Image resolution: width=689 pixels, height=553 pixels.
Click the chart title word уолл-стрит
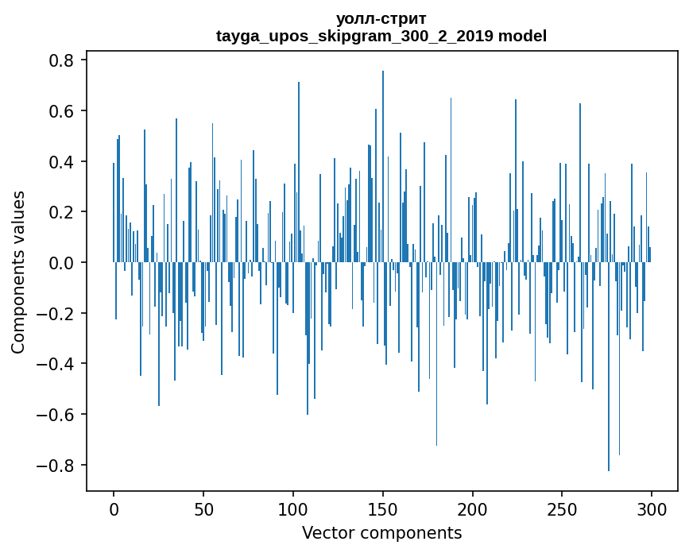click(x=381, y=18)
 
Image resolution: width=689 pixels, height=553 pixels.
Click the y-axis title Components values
click(x=18, y=272)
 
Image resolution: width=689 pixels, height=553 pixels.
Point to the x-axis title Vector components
click(x=381, y=533)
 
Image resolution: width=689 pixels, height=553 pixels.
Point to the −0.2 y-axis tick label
click(x=55, y=313)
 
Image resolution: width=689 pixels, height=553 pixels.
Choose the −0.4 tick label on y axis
click(x=55, y=364)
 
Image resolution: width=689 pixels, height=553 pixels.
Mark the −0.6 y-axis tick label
click(x=55, y=415)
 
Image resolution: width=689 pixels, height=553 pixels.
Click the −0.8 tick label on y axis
click(x=55, y=465)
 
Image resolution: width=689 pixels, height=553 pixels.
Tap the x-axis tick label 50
click(x=203, y=509)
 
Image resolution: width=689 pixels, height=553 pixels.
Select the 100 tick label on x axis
click(x=293, y=509)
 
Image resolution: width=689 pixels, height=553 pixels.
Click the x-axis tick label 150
click(x=383, y=509)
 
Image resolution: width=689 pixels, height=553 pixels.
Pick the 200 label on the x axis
click(x=473, y=509)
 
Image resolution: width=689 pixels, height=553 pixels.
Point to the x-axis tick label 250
click(x=563, y=509)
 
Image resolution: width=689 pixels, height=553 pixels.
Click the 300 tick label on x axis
click(x=652, y=509)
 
